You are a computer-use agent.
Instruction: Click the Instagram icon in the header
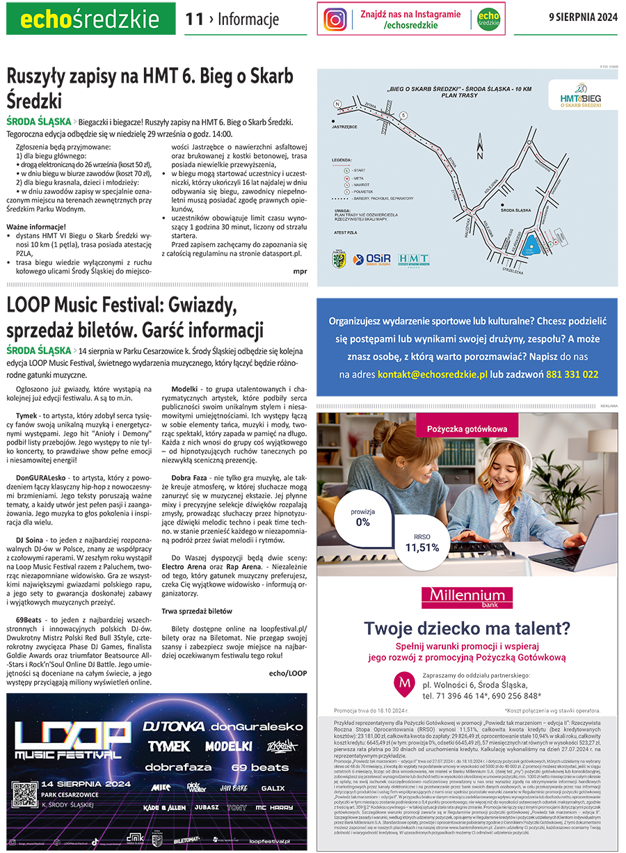tap(335, 19)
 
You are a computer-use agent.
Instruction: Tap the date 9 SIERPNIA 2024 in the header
tap(583, 17)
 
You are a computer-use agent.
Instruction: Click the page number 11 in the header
tap(194, 19)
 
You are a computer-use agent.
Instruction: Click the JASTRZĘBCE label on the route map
tap(345, 127)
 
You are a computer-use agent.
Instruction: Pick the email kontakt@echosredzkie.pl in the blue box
tap(433, 374)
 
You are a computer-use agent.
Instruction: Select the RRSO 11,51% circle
tap(422, 543)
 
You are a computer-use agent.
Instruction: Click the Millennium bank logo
tap(467, 596)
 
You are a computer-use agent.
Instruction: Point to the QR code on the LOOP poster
tap(25, 814)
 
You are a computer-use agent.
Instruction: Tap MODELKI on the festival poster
tap(228, 746)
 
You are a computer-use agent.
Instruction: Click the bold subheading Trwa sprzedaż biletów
tap(197, 611)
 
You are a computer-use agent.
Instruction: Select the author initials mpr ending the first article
tap(300, 271)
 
